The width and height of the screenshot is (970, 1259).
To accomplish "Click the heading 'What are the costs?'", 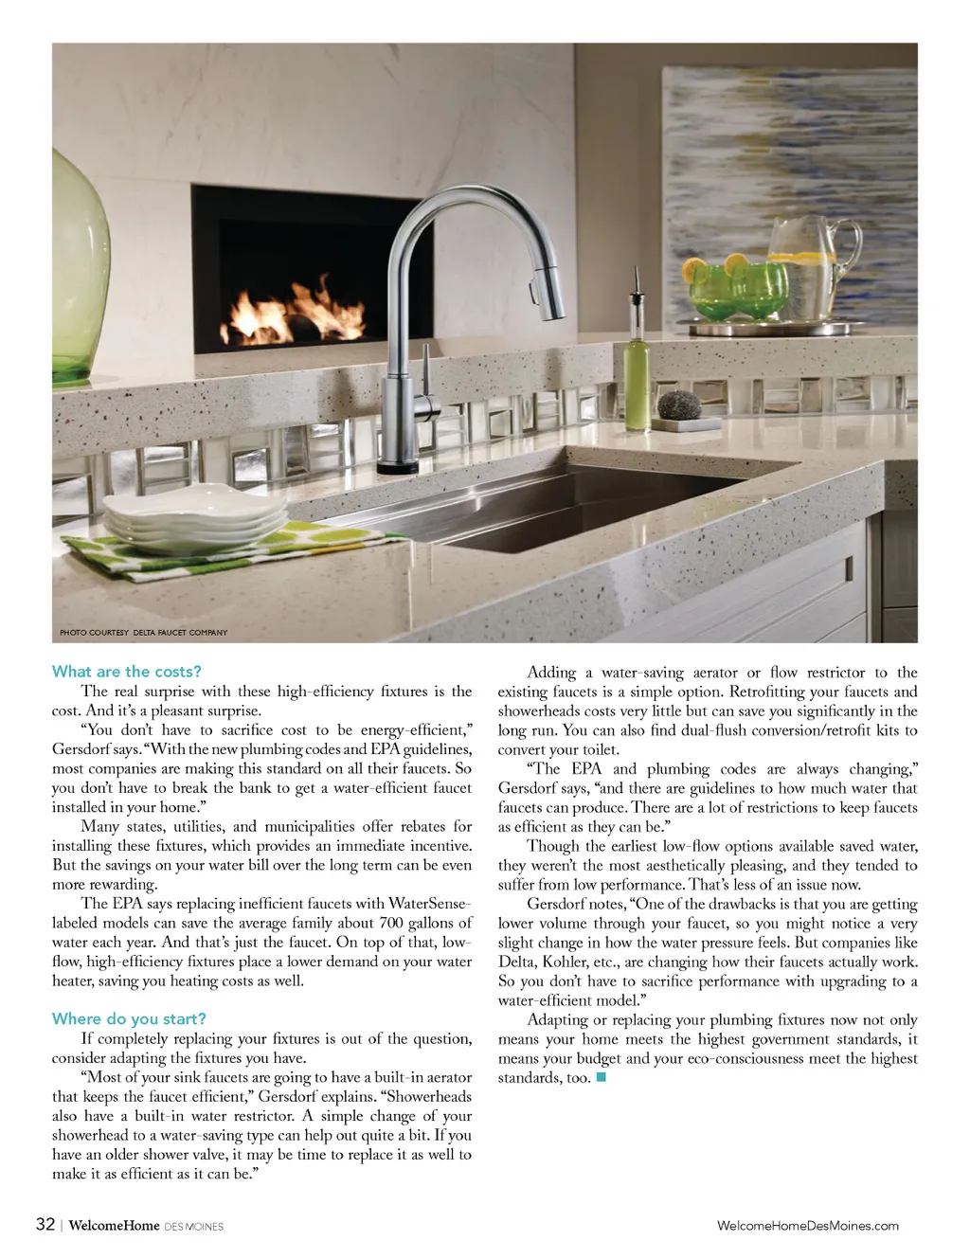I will pyautogui.click(x=127, y=672).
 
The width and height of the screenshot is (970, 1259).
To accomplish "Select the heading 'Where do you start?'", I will pyautogui.click(x=129, y=1019).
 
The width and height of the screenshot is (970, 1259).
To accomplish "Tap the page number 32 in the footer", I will pyautogui.click(x=45, y=1224).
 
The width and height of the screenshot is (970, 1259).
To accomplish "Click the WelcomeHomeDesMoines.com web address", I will pyautogui.click(x=808, y=1226).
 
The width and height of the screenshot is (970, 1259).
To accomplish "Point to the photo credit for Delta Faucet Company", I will pyautogui.click(x=143, y=632).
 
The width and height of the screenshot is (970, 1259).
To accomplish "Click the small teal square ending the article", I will pyautogui.click(x=602, y=1078).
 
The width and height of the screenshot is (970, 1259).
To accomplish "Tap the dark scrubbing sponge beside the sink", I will pyautogui.click(x=679, y=406).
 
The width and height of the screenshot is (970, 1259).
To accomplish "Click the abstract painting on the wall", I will pyautogui.click(x=796, y=189).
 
